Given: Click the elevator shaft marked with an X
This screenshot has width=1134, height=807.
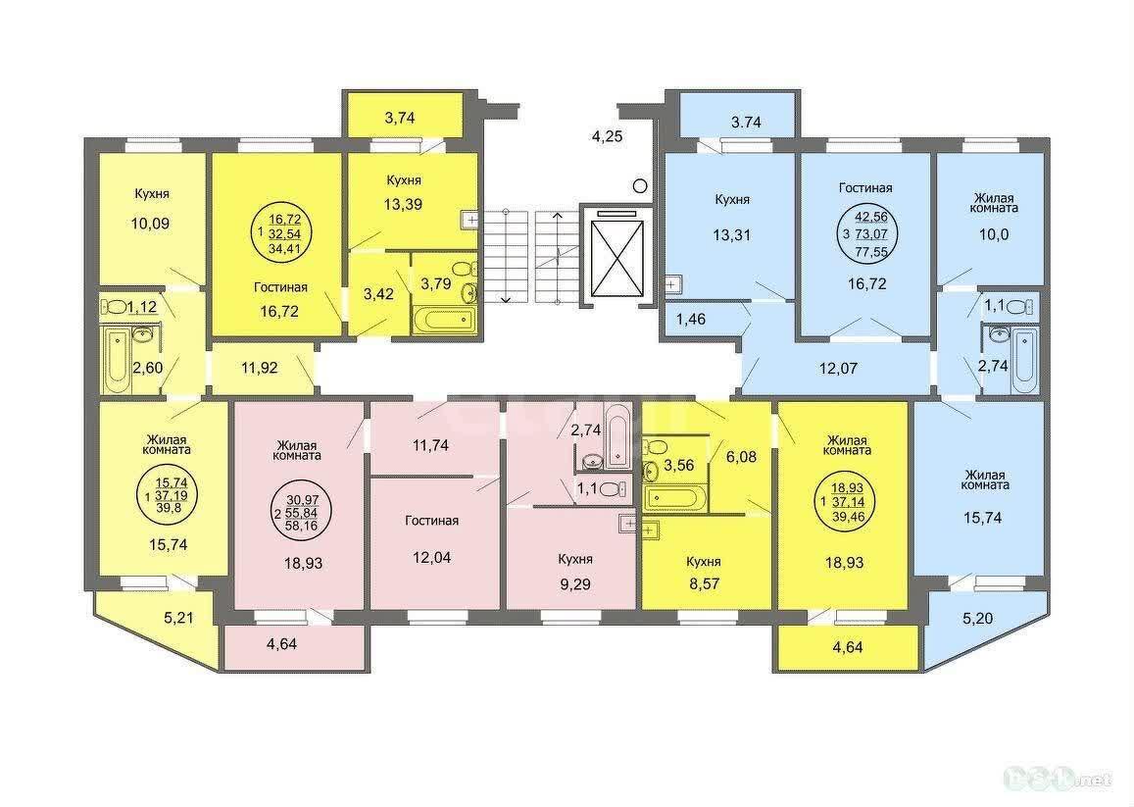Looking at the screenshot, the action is coord(616,257).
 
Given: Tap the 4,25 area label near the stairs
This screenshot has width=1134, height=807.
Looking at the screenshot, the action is coord(608,136).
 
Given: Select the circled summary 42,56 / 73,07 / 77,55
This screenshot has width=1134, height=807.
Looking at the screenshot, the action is coord(870,233).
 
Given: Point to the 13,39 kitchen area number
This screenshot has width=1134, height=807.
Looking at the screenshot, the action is coord(403,204).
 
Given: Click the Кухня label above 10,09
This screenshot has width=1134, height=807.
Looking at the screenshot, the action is coord(152,194).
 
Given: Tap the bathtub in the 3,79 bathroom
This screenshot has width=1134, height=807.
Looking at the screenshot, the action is coord(443,320).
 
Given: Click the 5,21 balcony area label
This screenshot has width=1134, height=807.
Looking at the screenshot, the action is coord(178,618).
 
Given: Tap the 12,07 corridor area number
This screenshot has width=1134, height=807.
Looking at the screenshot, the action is coord(838,368).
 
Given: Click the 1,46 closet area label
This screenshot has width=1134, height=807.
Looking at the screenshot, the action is coord(691,319).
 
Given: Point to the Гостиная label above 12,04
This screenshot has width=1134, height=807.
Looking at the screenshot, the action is coord(432,521).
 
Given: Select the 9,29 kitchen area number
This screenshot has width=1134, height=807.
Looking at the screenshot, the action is coord(575,584).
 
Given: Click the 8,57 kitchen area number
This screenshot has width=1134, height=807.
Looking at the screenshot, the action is coord(705,583).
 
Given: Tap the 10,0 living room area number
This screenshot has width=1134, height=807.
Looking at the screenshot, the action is coord(994,234).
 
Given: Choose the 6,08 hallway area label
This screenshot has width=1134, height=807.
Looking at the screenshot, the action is coord(741,457).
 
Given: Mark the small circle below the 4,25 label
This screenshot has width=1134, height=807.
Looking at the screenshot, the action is coord(639,186).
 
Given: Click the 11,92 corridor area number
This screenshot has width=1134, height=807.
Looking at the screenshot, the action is coord(260,368).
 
